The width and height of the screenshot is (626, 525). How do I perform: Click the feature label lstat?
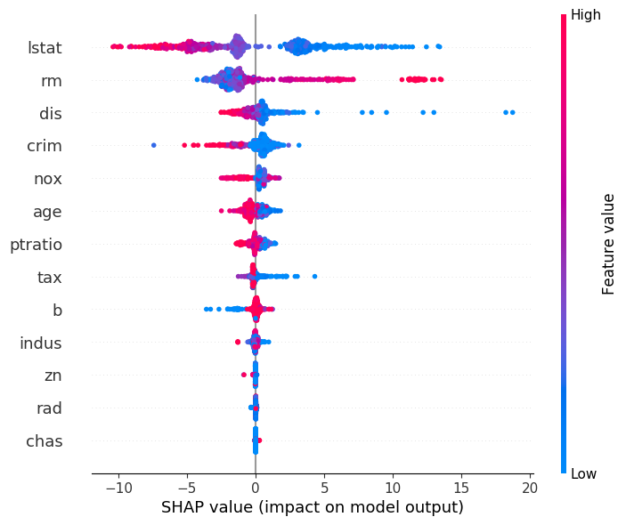[x=45, y=47]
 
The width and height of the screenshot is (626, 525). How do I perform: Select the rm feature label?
[x=52, y=80]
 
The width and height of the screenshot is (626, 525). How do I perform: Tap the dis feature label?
[x=50, y=113]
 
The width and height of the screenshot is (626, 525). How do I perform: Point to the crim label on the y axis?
[x=45, y=146]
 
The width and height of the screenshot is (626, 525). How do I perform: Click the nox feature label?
[x=47, y=179]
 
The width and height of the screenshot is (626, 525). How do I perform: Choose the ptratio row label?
[x=36, y=245]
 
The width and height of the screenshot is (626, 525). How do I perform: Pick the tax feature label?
[x=50, y=278]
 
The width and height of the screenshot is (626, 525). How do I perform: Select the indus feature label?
[x=41, y=343]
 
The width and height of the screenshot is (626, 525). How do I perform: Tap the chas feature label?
[x=45, y=441]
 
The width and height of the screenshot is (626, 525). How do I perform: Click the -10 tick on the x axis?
[x=118, y=488]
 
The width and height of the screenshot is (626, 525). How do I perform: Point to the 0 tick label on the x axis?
[x=256, y=488]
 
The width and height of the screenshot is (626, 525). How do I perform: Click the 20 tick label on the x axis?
[x=530, y=488]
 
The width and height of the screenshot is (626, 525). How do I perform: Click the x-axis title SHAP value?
[x=312, y=508]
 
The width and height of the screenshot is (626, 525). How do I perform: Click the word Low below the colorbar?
[x=583, y=474]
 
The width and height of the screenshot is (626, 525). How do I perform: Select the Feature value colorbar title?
[x=609, y=244]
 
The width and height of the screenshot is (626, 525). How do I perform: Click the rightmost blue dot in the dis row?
[x=512, y=112]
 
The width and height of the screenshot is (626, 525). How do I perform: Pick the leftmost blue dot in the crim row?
[x=154, y=145]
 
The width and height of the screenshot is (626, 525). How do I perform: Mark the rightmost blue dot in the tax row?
[x=314, y=277]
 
